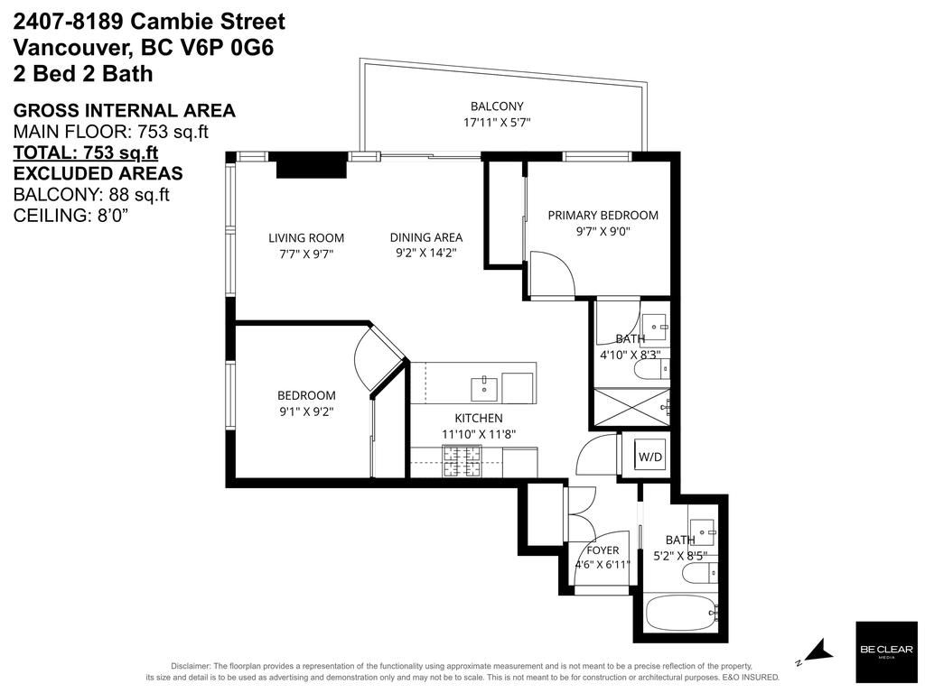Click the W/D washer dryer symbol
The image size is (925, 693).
pos(650,456)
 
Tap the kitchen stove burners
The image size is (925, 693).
pos(462,461)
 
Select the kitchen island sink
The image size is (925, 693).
pos(484,389)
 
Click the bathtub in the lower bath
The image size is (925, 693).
pos(682,614)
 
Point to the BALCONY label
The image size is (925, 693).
pos(497,106)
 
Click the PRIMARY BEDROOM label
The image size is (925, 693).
pos(603,215)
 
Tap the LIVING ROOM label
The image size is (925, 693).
pos(306,238)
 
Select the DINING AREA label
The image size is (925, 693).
pos(426,237)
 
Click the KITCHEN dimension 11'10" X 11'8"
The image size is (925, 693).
pos(479,435)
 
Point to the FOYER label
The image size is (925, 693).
pos(603,550)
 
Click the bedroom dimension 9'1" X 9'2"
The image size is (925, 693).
pos(306,411)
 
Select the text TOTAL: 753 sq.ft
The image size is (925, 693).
pos(86,152)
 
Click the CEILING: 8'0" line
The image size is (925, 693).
pos(70,216)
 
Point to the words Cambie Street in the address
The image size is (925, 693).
pos(208,22)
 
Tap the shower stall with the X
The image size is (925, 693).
pos(631,407)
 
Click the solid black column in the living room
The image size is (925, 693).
pos(312,165)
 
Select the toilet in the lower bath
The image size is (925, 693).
pos(701,572)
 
